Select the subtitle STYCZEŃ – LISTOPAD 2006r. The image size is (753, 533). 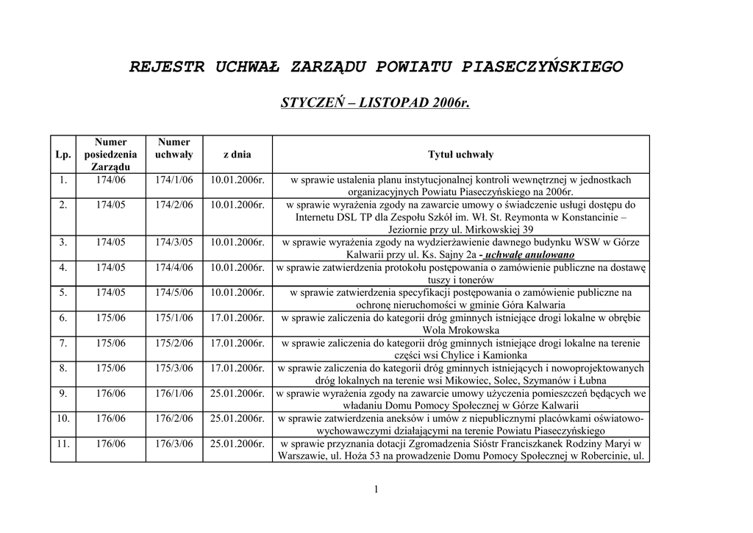point(375,102)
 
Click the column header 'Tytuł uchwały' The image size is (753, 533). point(460,155)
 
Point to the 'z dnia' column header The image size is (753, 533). point(237,155)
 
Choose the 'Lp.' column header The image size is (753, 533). point(63,155)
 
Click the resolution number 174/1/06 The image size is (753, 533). point(174,180)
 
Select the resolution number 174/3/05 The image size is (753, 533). point(174,242)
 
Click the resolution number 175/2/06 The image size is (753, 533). point(174,343)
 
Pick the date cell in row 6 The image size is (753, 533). point(237,318)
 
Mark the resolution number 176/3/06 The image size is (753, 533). point(174,444)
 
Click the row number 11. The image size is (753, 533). point(63,444)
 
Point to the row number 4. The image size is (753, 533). point(63,267)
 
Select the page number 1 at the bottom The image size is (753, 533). point(376,490)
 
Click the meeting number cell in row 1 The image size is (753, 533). point(110,180)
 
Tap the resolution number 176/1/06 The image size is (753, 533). point(174,394)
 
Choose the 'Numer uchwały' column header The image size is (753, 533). point(174,148)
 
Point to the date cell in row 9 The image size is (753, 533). point(237,394)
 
